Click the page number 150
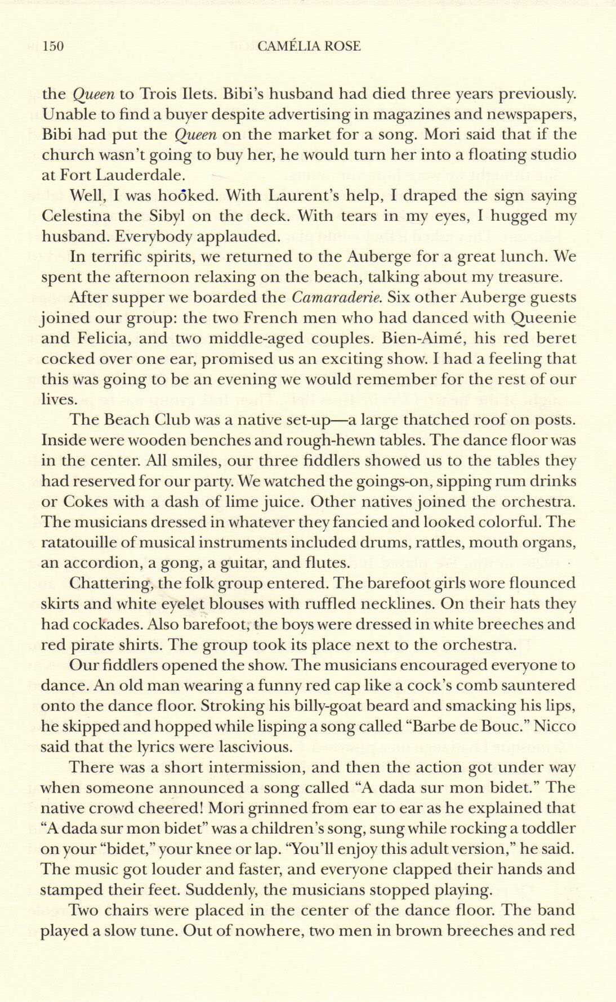(53, 46)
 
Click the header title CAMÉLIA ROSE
(309, 46)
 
